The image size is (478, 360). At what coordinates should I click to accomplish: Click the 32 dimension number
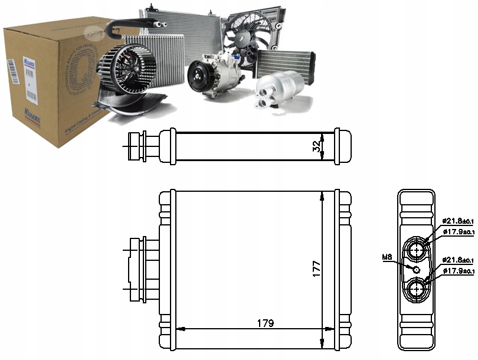[317, 145]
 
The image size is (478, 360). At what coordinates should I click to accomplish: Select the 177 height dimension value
[316, 270]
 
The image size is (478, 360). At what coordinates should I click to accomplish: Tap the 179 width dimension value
[265, 323]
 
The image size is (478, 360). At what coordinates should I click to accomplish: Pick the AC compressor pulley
[199, 78]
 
